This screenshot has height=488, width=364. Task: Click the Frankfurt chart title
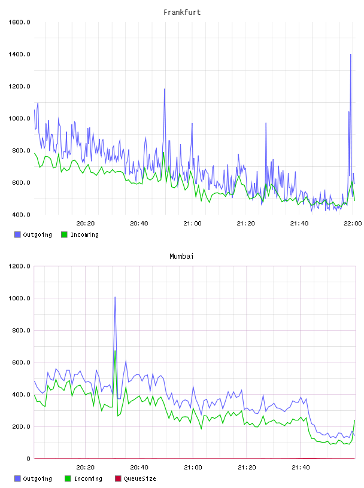point(182,13)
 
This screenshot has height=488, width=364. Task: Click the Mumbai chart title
point(181,257)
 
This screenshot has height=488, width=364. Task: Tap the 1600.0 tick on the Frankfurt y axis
point(19,22)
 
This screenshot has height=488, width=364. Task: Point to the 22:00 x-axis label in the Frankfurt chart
point(353,224)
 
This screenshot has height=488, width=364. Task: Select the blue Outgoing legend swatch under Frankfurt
point(17,234)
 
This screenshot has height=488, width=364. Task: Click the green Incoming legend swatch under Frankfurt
point(64,234)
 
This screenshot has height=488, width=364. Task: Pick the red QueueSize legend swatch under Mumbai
point(118,478)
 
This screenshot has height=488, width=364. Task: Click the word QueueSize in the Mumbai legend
point(139,478)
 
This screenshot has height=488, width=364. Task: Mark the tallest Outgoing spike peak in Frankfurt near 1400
point(351,54)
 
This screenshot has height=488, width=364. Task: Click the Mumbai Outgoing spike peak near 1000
point(115,297)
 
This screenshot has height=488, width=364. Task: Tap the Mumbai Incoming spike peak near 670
point(115,351)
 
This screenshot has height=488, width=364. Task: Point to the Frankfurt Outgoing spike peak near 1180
point(165,89)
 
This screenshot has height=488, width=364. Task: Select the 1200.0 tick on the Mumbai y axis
point(19,266)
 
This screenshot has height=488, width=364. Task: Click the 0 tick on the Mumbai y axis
point(28,459)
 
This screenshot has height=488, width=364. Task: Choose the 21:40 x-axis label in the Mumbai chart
point(301,468)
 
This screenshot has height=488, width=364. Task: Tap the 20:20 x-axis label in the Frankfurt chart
point(86,224)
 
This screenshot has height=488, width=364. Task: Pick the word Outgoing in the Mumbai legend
point(37,478)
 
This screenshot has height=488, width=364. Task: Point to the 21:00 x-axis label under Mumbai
point(193,468)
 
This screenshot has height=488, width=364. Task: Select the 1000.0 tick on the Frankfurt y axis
point(19,118)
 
